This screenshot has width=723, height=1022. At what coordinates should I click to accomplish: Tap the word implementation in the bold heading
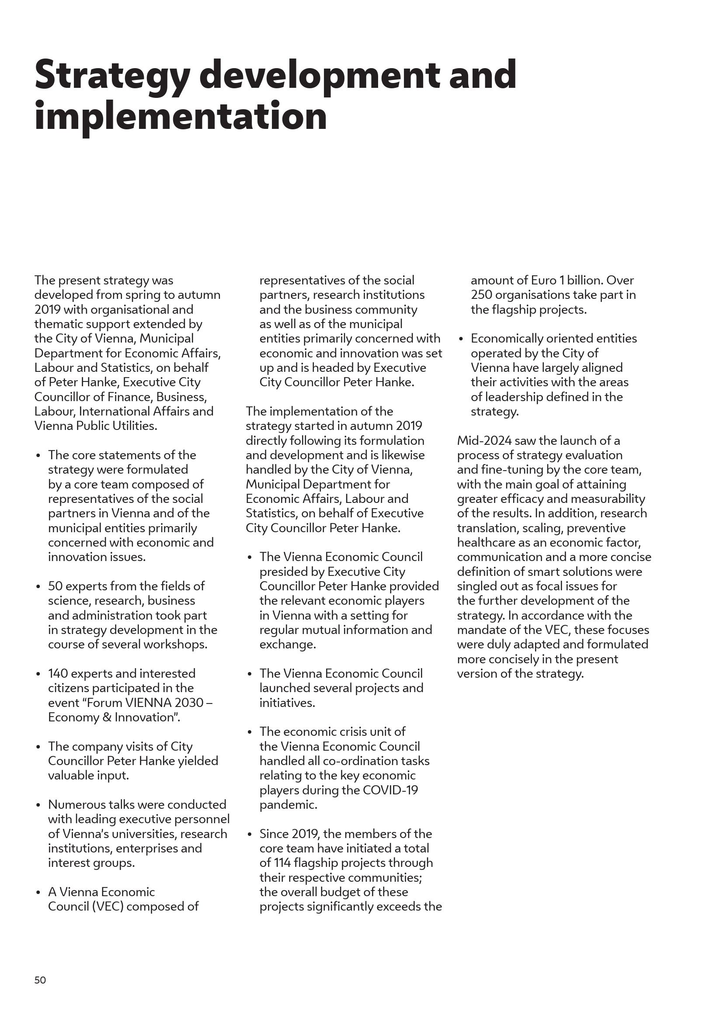pos(180,117)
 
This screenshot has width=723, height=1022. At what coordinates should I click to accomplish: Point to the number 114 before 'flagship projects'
pos(281,863)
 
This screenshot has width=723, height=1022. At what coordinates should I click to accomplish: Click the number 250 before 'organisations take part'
pos(481,294)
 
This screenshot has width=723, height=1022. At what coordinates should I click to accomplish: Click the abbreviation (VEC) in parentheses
pos(107,906)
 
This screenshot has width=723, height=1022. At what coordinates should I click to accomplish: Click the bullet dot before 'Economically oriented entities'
pos(461,339)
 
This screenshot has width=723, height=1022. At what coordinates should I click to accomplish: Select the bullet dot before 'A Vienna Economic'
pos(39,893)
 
